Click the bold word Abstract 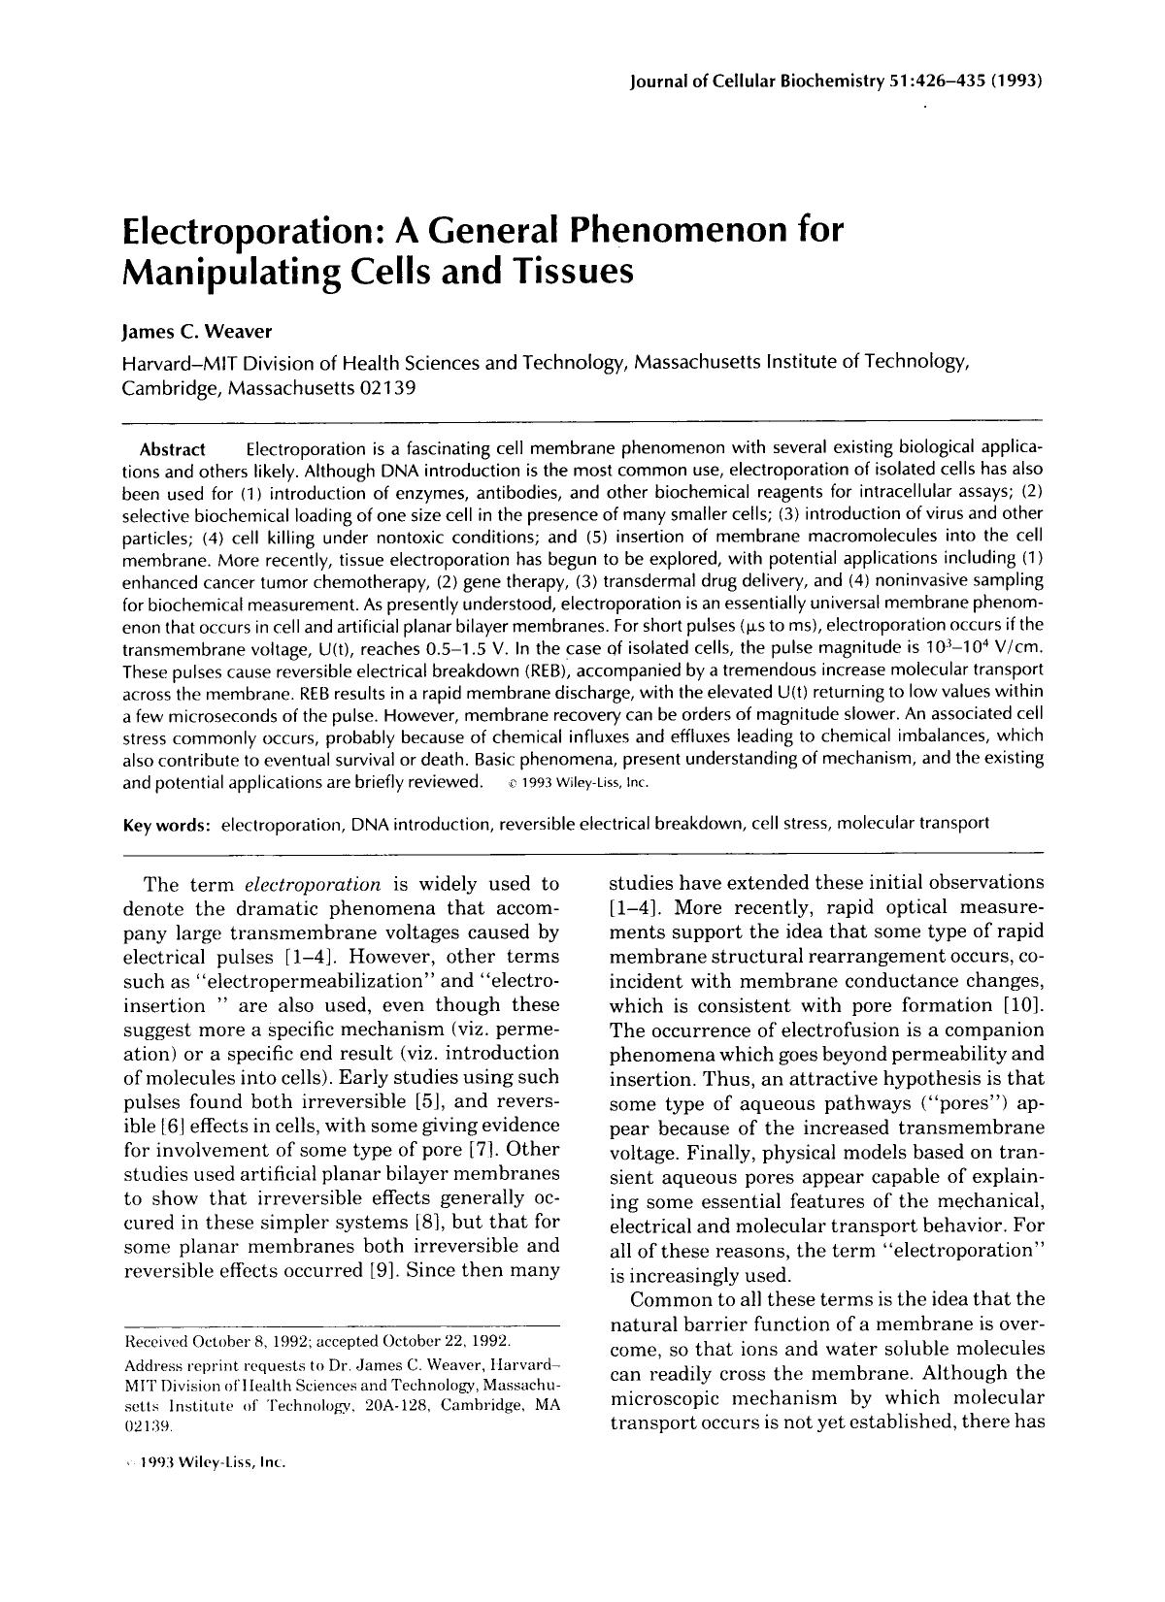pyautogui.click(x=173, y=449)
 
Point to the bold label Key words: pyautogui.click(x=167, y=825)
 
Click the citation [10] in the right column pyautogui.click(x=1024, y=1005)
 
